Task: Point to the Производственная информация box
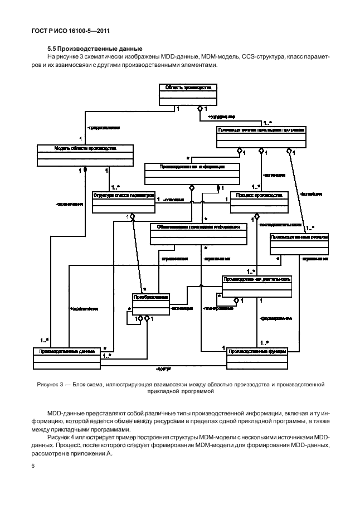coord(192,173)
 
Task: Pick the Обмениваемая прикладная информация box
coord(198,234)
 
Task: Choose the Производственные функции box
coord(257,357)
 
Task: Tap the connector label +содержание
coord(221,117)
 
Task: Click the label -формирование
coord(276,318)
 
